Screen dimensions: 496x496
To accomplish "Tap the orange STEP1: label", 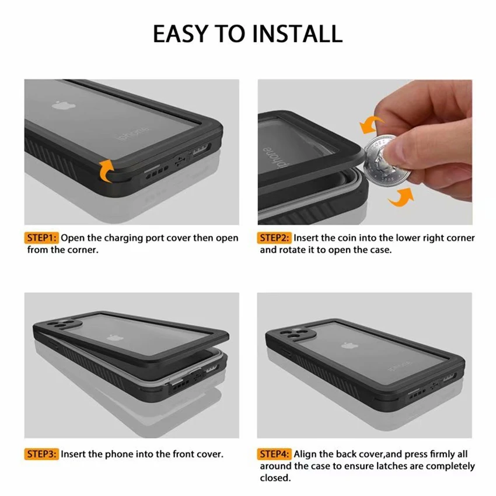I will pyautogui.click(x=42, y=238).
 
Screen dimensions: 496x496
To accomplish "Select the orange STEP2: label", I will pyautogui.click(x=275, y=238).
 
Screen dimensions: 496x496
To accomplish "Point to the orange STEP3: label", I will pyautogui.click(x=42, y=454).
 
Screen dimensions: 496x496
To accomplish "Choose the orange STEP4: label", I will pyautogui.click(x=275, y=454).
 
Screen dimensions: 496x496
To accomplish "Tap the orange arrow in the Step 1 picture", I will pyautogui.click(x=106, y=170).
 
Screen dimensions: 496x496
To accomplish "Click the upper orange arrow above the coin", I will pyautogui.click(x=372, y=124).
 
